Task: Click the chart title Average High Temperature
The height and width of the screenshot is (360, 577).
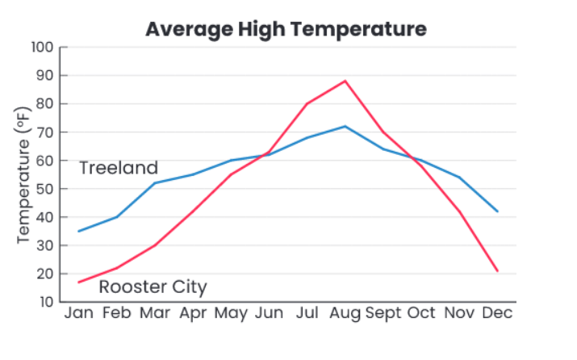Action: click(286, 30)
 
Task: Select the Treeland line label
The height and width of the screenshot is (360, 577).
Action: click(119, 168)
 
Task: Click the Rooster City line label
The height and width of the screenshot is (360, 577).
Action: click(153, 287)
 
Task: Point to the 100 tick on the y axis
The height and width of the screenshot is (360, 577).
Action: click(44, 48)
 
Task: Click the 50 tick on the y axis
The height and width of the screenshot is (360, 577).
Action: click(46, 189)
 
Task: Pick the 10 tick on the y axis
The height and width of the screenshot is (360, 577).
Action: click(46, 302)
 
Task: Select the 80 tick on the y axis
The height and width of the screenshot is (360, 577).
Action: click(46, 104)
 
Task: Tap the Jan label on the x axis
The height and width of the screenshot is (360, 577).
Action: click(78, 312)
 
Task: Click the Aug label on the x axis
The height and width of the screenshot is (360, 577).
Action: click(345, 312)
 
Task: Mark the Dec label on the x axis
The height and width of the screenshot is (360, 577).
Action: click(498, 312)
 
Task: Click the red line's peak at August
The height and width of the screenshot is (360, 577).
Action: click(345, 81)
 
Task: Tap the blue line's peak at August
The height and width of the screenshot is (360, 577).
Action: click(345, 126)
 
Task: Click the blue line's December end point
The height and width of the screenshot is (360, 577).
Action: click(498, 211)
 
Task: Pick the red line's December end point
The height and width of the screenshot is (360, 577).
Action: click(498, 271)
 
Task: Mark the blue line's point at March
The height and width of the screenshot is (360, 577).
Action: click(154, 183)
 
